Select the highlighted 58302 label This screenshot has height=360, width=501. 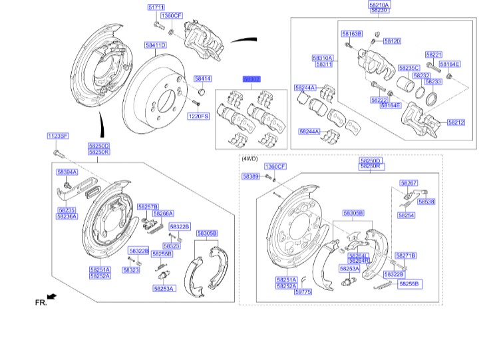pos(251,79)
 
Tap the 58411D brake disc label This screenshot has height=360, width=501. pos(156,45)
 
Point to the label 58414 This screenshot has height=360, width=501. pos(202,79)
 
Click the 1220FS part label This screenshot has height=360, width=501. pos(198,116)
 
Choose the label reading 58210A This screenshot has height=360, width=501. pos(379,5)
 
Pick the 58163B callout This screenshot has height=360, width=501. pos(351,33)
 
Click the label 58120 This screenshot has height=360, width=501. pos(392,41)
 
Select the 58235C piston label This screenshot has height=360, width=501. pos(409,68)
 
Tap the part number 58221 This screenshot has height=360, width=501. pos(434,54)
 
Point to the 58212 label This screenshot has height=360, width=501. pos(456,122)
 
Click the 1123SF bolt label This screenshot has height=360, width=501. pos(58,136)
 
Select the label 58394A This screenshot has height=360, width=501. pos(67,172)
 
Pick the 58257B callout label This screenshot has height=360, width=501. pos(148,207)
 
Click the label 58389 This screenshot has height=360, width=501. pos(250,176)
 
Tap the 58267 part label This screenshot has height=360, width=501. pos(409,182)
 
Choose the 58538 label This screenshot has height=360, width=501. pos(426,202)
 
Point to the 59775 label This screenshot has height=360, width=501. pos(303,291)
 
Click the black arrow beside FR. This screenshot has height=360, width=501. pos(52,295)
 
